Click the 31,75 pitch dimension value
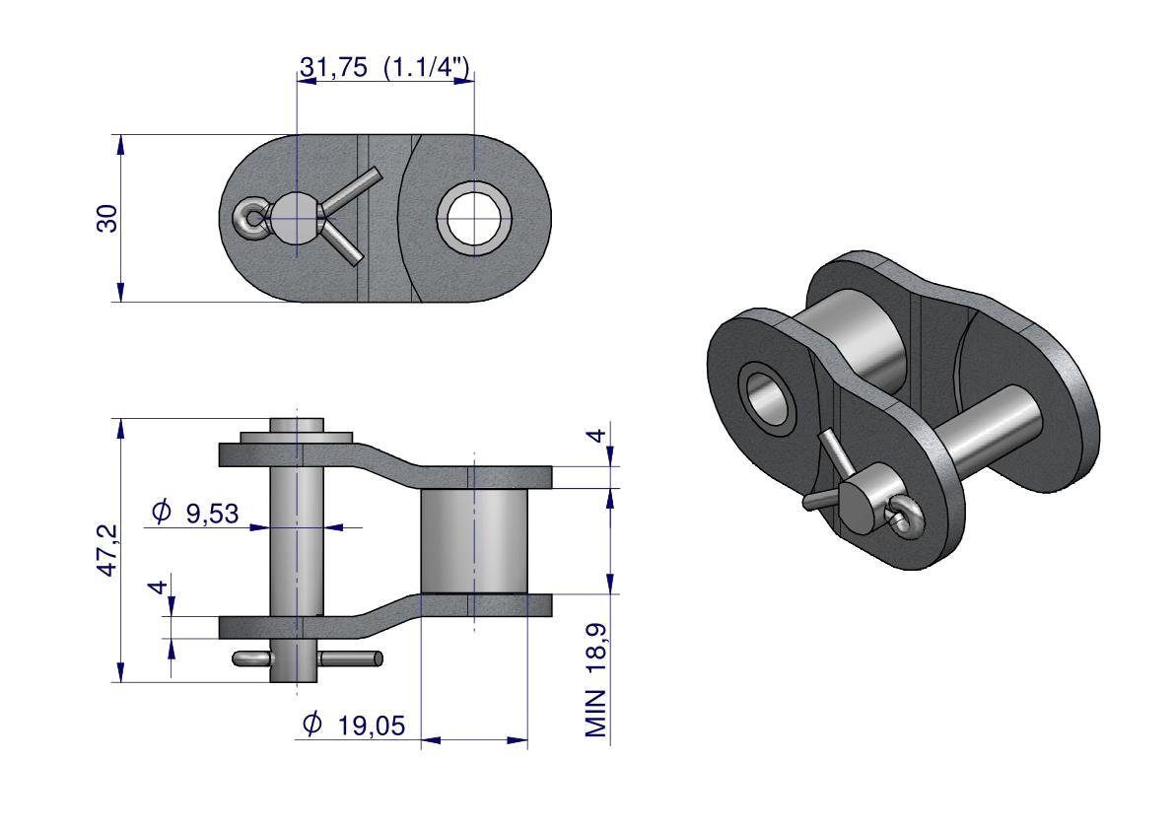coord(334,67)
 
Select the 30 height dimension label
coord(107,218)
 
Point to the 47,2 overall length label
coord(107,549)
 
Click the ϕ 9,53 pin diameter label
coord(194,513)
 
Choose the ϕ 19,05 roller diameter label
coord(354,724)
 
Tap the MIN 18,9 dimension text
coord(596,679)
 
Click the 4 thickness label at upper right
coord(595,435)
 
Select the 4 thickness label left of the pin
coord(158,587)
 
